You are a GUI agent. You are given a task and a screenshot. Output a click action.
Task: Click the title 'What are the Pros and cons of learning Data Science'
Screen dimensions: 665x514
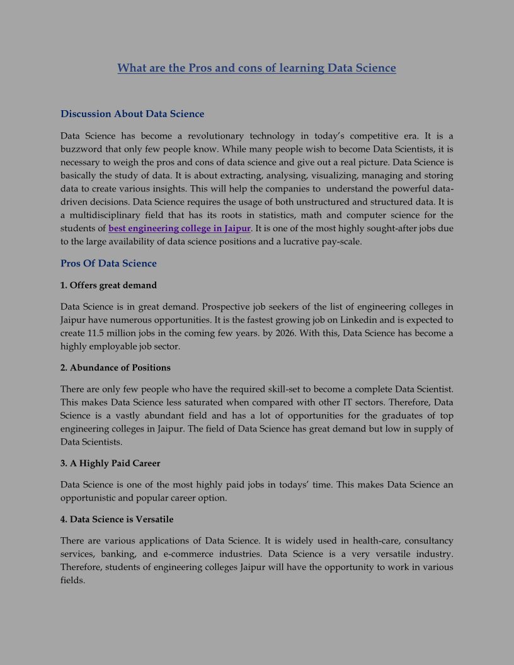pyautogui.click(x=256, y=68)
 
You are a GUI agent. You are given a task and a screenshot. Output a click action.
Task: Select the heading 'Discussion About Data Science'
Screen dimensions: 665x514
pyautogui.click(x=132, y=114)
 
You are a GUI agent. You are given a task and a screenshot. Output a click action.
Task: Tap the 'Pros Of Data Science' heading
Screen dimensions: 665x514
pyautogui.click(x=108, y=263)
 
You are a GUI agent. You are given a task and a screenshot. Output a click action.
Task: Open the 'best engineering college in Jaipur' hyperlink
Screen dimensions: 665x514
pyautogui.click(x=180, y=229)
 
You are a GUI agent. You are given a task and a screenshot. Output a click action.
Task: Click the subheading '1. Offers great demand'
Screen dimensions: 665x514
pyautogui.click(x=108, y=285)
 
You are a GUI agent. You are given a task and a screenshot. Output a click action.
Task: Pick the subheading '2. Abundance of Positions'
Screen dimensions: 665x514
pyautogui.click(x=115, y=368)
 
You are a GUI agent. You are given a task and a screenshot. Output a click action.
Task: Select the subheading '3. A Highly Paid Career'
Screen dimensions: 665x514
pyautogui.click(x=110, y=463)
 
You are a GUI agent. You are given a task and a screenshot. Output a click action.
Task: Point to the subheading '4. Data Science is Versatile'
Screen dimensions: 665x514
pyautogui.click(x=117, y=520)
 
